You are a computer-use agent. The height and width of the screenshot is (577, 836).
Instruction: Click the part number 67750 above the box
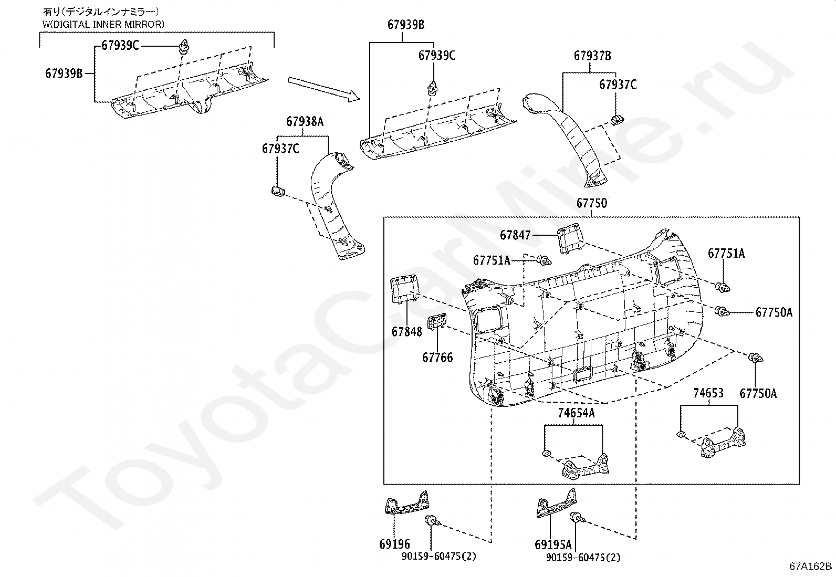point(591,203)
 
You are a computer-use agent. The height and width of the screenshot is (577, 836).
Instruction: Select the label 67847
point(515,235)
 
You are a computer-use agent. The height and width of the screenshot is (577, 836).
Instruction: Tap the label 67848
point(406,332)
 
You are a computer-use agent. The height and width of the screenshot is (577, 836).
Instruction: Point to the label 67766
point(437,358)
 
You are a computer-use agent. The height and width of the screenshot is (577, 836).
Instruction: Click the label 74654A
point(576,413)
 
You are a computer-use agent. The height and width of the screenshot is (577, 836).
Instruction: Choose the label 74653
point(708,393)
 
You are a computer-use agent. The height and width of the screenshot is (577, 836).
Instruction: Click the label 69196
point(394,544)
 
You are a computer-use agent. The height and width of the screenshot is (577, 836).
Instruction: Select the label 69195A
point(553,544)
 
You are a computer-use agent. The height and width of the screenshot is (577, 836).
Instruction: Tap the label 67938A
point(305,122)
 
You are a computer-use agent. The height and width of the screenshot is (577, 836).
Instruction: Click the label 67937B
point(592,56)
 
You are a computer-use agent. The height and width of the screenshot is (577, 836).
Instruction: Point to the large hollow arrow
point(323,88)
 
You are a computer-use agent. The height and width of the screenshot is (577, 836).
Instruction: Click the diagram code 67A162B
point(810,566)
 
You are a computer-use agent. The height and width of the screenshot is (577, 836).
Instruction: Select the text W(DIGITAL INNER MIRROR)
point(103,24)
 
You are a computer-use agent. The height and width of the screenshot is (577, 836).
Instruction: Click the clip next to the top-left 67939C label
point(184,46)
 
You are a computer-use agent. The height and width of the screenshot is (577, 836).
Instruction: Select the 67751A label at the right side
point(726,253)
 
